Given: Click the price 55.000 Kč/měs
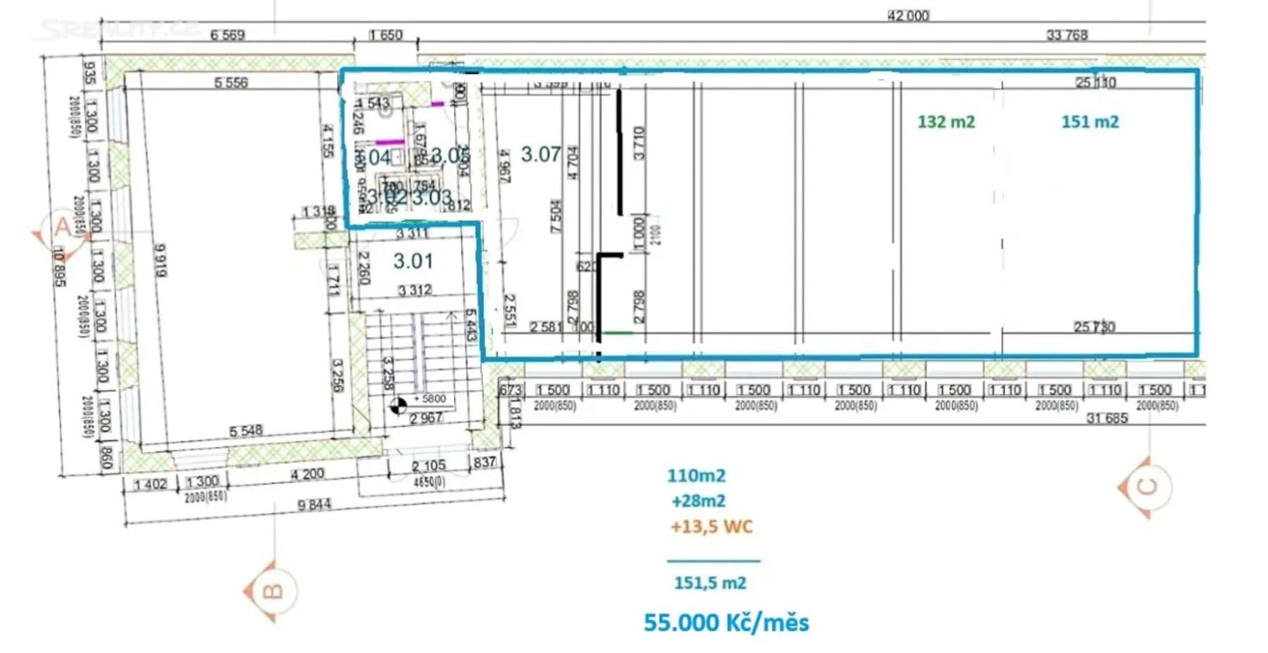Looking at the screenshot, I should [726, 623].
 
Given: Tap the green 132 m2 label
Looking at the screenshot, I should [946, 122].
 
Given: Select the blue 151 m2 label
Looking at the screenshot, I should [1090, 122].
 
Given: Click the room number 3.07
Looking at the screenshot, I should [540, 154].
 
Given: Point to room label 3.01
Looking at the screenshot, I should [413, 261].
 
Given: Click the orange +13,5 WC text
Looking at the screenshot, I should [711, 527].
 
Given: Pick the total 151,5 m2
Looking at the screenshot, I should [710, 583].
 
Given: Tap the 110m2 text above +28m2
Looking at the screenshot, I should [696, 476].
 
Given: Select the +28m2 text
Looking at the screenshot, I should [698, 501].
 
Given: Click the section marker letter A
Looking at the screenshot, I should [62, 228].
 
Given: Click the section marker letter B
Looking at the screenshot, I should [272, 591].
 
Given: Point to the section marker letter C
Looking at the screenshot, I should [1147, 487].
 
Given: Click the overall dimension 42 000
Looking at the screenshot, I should [908, 16].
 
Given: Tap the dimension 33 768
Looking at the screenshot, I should [1067, 35].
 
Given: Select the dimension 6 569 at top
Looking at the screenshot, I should [228, 35].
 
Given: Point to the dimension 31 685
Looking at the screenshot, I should [1107, 418].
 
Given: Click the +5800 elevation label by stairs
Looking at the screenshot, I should [430, 398].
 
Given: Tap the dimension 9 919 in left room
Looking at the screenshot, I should [160, 261].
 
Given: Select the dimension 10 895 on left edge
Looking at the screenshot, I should [59, 267].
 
